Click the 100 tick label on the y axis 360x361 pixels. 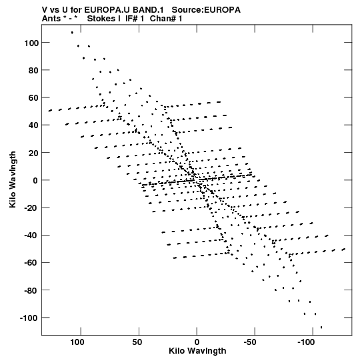(x=31, y=43)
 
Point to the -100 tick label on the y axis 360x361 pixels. (x=29, y=318)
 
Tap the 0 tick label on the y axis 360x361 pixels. (x=35, y=180)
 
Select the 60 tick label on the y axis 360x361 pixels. (x=33, y=98)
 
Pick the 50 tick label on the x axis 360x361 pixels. (x=137, y=342)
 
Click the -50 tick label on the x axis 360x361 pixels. (x=250, y=342)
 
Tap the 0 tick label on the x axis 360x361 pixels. (x=197, y=342)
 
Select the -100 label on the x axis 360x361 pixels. (x=306, y=342)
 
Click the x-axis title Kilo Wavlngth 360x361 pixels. (x=197, y=351)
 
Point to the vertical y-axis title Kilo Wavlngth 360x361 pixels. (x=13, y=179)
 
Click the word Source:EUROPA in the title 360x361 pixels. (x=206, y=10)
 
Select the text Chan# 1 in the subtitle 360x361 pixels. (x=166, y=19)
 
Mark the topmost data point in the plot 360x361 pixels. (x=72, y=33)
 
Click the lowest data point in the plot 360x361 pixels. (x=321, y=327)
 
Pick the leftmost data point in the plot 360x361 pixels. (x=50, y=111)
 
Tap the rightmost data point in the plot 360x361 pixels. (x=344, y=250)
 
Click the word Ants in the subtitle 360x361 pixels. (x=51, y=19)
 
